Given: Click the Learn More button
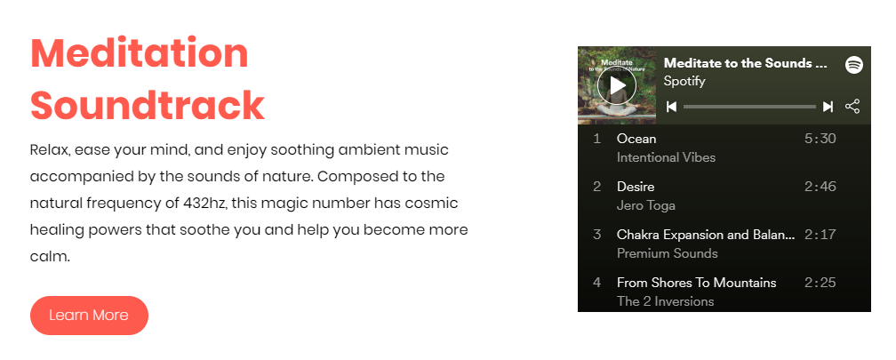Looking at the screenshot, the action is [89, 316].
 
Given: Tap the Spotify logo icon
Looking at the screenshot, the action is [853, 65].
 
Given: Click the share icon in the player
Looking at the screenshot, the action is [852, 107].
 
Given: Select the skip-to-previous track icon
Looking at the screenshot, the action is [672, 107].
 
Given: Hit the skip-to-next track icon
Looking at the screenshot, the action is [828, 107].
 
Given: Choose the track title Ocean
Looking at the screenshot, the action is [636, 139].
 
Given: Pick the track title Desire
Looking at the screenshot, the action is [636, 187].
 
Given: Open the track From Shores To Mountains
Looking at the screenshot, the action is [697, 283].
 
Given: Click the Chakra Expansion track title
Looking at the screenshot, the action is [706, 235].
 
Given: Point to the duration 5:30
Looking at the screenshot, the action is [820, 139].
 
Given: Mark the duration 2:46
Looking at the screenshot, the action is [820, 187].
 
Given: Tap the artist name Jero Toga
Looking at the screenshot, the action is [645, 205].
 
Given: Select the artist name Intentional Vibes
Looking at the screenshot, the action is [667, 157].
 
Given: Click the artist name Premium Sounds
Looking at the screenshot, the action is [668, 253].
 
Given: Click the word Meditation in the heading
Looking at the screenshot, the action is [140, 53].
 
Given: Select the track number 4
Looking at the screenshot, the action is [597, 283].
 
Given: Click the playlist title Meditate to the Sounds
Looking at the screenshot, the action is [746, 63].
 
